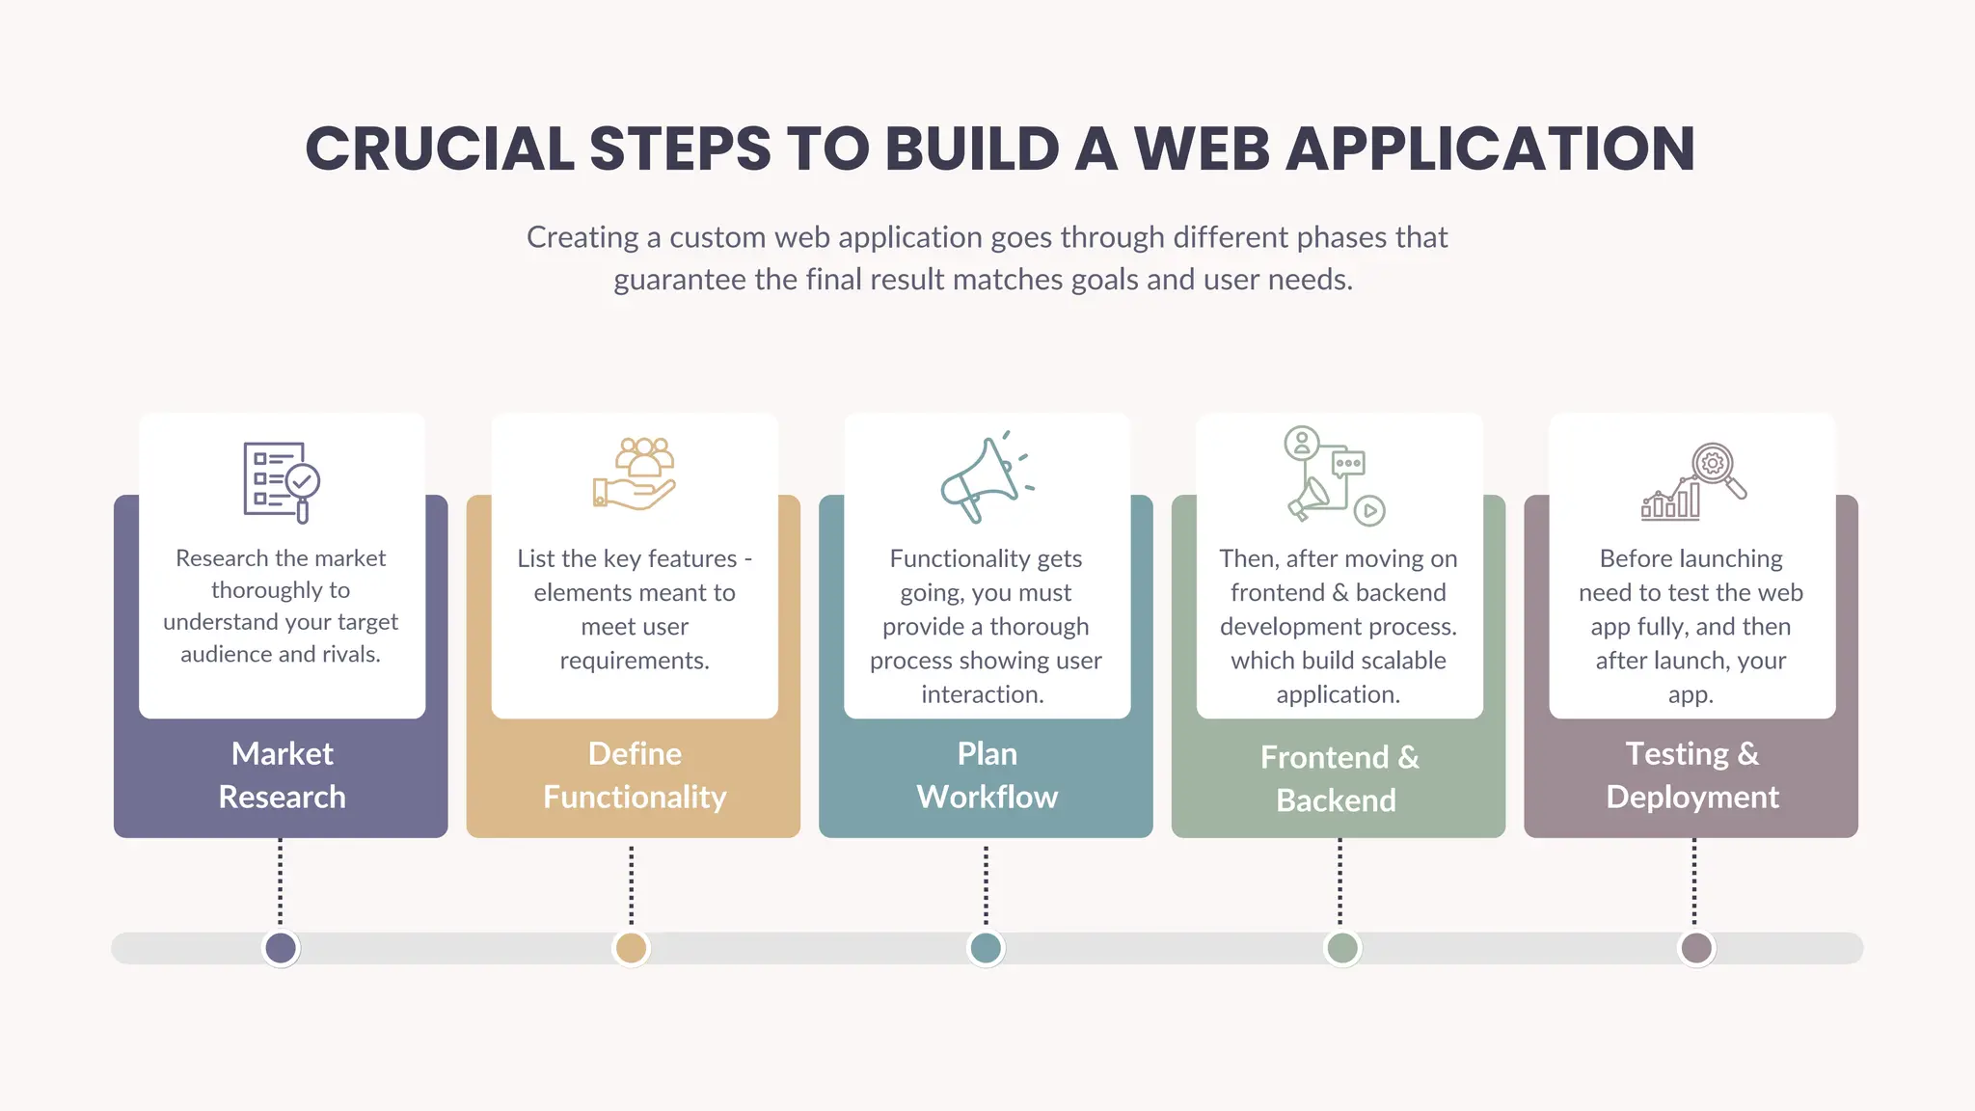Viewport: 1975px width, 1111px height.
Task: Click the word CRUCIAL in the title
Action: click(440, 149)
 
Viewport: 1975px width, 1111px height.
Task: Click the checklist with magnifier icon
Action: click(281, 481)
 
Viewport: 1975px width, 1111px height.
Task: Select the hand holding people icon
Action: click(634, 474)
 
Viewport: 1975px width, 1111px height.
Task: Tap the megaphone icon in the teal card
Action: click(984, 478)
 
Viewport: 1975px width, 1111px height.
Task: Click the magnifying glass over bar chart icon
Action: click(1693, 481)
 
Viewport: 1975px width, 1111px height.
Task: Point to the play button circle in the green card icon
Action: click(1369, 510)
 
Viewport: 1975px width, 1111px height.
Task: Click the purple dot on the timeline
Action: click(281, 948)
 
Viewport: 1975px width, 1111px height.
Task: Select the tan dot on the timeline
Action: click(631, 948)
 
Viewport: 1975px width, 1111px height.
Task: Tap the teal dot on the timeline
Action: click(986, 948)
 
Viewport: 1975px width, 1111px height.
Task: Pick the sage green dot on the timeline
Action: click(1341, 948)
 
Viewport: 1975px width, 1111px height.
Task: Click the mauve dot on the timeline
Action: click(1696, 948)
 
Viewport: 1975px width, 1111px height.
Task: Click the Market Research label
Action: click(282, 775)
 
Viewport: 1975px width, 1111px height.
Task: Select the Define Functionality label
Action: click(635, 775)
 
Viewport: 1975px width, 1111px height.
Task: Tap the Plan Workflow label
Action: click(987, 775)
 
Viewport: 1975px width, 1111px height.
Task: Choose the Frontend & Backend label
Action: click(1339, 778)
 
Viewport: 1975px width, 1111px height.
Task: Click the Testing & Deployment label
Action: click(1692, 775)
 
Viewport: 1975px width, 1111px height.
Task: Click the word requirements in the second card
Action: click(634, 661)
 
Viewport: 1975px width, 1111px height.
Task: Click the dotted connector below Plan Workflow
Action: click(986, 885)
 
